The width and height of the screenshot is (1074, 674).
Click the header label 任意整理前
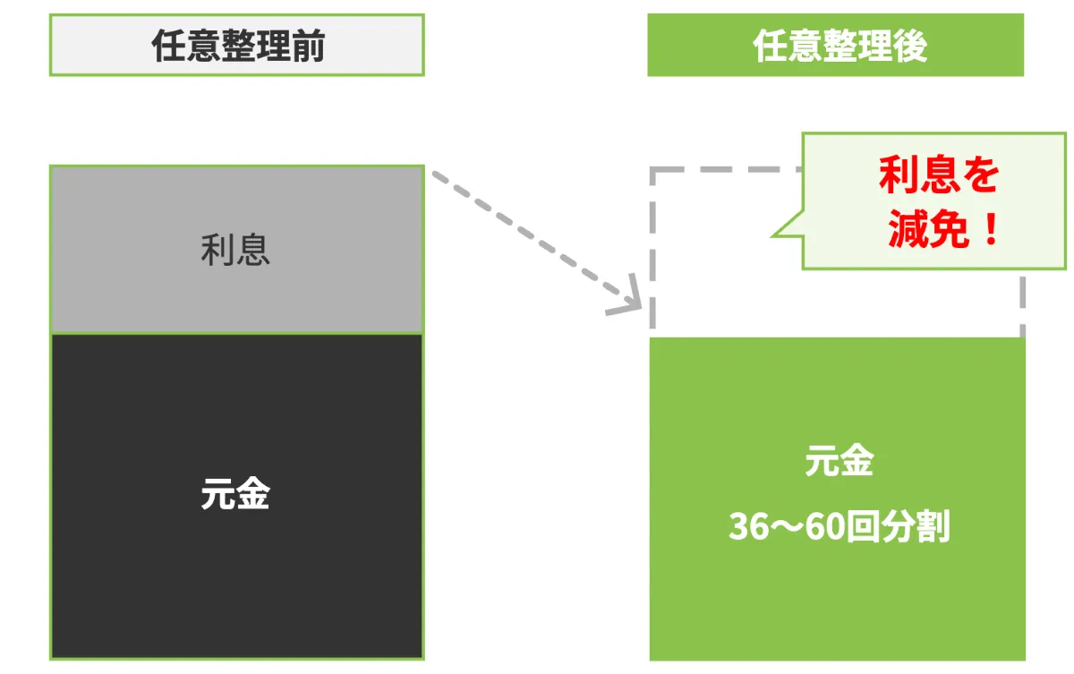pyautogui.click(x=236, y=46)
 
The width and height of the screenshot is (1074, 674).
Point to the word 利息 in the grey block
pyautogui.click(x=235, y=250)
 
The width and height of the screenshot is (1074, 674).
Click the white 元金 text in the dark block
pyautogui.click(x=235, y=494)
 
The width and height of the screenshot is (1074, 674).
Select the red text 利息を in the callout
pyautogui.click(x=938, y=175)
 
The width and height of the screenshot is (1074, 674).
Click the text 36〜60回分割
pyautogui.click(x=839, y=527)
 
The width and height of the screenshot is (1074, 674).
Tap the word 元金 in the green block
pyautogui.click(x=839, y=463)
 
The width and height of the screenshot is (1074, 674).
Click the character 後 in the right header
pyautogui.click(x=907, y=46)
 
